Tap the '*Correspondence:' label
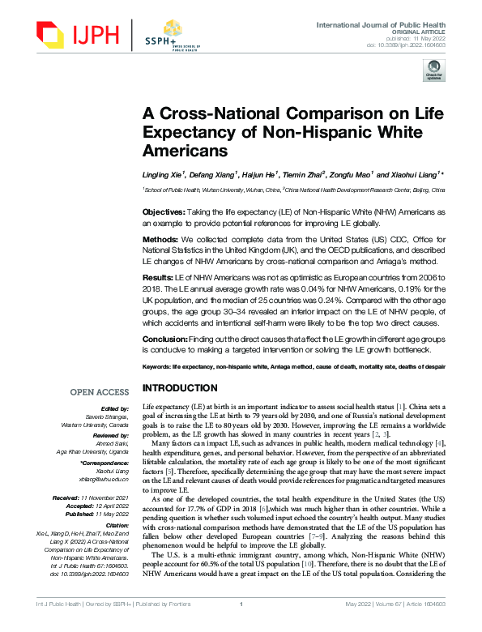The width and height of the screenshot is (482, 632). [x=107, y=463]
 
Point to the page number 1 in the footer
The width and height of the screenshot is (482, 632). [x=241, y=625]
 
